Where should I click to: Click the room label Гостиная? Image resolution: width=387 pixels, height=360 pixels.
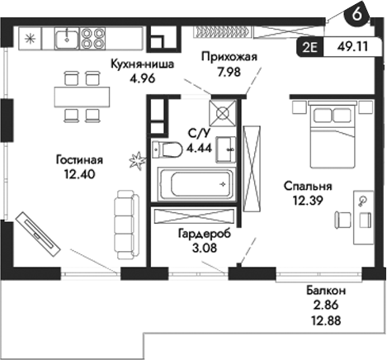(x=79, y=160)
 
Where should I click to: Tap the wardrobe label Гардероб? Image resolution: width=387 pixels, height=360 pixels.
(x=204, y=234)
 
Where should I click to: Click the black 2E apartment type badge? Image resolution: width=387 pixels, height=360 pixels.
(x=311, y=47)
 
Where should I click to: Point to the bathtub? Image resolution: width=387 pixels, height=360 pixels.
(x=195, y=182)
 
